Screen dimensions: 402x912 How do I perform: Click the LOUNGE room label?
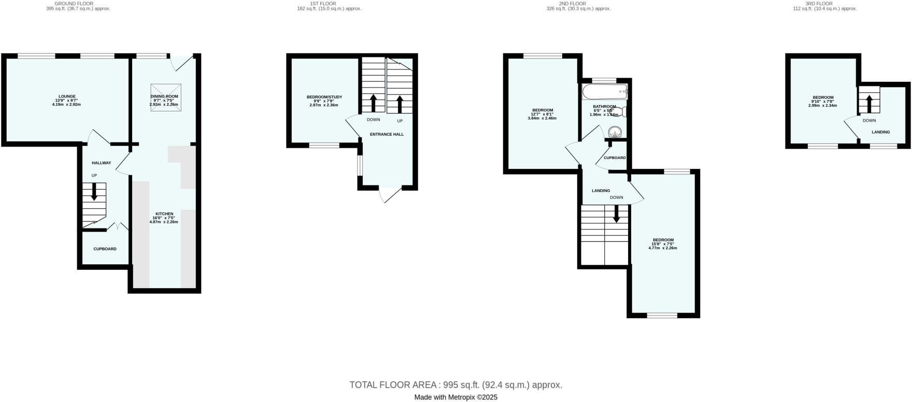[67, 96]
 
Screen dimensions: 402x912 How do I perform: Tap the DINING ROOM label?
[164, 96]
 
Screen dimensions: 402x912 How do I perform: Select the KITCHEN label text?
[164, 214]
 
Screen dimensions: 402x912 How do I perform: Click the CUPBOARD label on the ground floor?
[105, 249]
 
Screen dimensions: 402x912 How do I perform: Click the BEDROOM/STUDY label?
[324, 97]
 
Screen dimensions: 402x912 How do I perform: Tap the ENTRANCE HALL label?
[387, 134]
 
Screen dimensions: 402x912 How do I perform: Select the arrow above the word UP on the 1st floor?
[400, 104]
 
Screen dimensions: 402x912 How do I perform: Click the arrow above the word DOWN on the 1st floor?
[373, 103]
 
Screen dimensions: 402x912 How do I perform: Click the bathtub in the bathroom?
[604, 93]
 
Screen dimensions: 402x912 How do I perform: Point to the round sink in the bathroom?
[615, 132]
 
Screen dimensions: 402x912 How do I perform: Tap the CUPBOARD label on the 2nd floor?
[615, 157]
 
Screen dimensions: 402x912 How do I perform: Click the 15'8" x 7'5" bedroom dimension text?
[663, 244]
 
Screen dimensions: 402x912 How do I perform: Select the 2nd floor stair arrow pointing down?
[616, 214]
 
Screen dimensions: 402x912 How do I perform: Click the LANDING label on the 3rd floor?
[880, 132]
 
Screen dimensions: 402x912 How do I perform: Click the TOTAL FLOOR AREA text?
[455, 385]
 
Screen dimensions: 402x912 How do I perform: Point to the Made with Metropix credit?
[455, 397]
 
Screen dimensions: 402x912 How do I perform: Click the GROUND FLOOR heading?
[78, 4]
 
